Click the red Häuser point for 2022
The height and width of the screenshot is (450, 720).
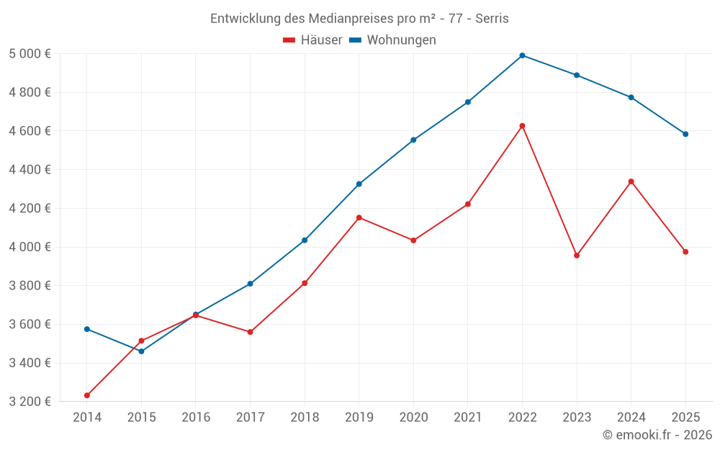[522, 126]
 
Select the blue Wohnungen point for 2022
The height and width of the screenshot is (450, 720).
[522, 55]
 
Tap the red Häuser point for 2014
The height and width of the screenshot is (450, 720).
[87, 395]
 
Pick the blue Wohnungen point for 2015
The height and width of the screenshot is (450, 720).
[141, 351]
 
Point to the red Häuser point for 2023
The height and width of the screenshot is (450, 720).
[577, 256]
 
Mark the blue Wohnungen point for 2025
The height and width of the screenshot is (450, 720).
[685, 134]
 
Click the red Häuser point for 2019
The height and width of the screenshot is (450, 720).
[359, 217]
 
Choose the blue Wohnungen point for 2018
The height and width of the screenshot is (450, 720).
[305, 240]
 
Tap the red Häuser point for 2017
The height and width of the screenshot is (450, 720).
[250, 332]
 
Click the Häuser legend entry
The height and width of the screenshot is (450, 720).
[312, 40]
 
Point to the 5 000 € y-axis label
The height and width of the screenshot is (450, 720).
[30, 54]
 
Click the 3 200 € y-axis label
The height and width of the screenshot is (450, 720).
[30, 402]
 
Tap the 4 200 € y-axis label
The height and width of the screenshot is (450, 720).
[30, 209]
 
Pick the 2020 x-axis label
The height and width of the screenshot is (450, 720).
[413, 418]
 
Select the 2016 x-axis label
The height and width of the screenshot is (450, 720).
[196, 418]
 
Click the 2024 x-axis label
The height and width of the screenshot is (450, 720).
[631, 418]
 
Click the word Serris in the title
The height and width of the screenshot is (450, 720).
[492, 19]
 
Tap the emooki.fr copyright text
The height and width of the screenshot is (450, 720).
[657, 435]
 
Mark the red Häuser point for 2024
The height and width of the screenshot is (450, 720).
[631, 181]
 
